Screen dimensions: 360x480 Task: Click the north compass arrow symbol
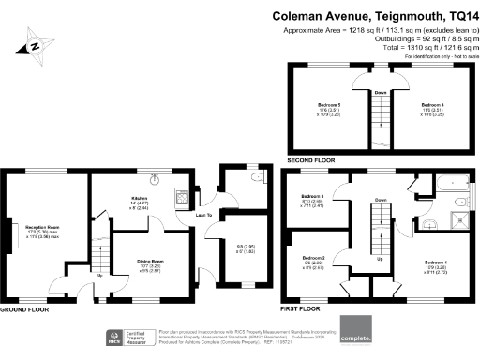pyautogui.click(x=35, y=43)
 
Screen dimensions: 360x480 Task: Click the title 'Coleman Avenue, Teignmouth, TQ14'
pyautogui.click(x=373, y=15)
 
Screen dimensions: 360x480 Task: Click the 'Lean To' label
pyautogui.click(x=200, y=216)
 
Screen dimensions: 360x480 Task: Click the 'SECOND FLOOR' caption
pyautogui.click(x=312, y=160)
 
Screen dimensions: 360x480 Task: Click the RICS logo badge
pyautogui.click(x=121, y=337)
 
